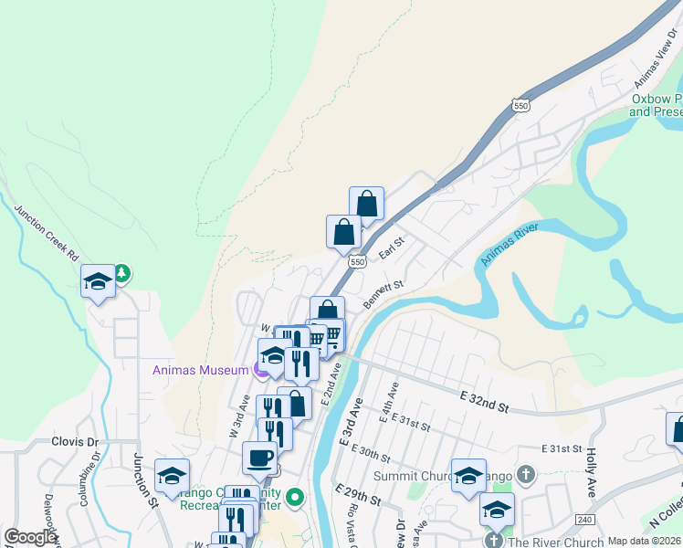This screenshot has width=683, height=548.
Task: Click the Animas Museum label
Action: pyautogui.click(x=200, y=370)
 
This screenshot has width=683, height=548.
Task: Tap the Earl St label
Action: pyautogui.click(x=391, y=249)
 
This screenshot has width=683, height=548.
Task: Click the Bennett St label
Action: pyautogui.click(x=383, y=294)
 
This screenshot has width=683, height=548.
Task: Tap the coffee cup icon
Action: pyautogui.click(x=259, y=457)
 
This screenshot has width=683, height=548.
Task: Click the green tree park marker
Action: pyautogui.click(x=121, y=272)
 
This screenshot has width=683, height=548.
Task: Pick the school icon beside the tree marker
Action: pyautogui.click(x=98, y=280)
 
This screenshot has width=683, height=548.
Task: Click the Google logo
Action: pyautogui.click(x=30, y=538)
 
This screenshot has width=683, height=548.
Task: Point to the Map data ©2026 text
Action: pyautogui.click(x=643, y=541)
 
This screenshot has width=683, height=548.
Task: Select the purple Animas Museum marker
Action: pyautogui.click(x=260, y=370)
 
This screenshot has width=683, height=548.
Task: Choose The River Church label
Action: pyautogui.click(x=555, y=541)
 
